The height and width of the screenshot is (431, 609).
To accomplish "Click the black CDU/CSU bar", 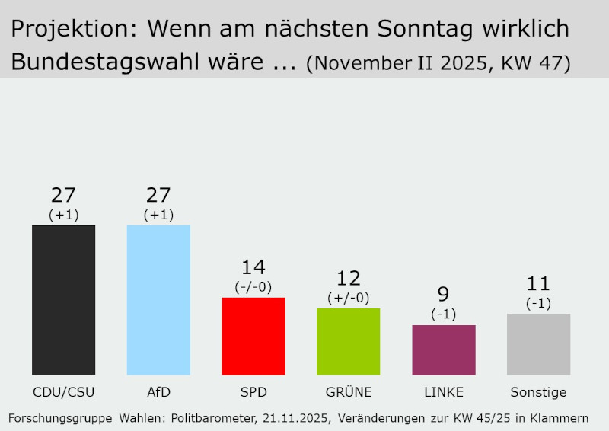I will pyautogui.click(x=63, y=300).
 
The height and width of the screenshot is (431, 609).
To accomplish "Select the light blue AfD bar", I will pyautogui.click(x=158, y=300).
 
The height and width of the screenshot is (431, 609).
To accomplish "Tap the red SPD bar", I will pyautogui.click(x=253, y=336).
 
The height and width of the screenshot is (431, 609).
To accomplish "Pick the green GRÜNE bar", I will pyautogui.click(x=348, y=341).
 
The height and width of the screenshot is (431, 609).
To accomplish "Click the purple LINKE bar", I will pyautogui.click(x=443, y=350).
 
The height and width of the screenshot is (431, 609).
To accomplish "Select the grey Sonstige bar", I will pyautogui.click(x=538, y=344).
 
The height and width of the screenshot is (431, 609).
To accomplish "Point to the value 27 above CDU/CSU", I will pyautogui.click(x=63, y=196).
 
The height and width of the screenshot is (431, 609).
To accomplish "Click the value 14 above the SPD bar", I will pyautogui.click(x=253, y=268).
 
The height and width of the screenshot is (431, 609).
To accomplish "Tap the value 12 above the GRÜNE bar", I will pyautogui.click(x=348, y=279).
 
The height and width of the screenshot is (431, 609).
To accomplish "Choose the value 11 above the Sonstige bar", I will pyautogui.click(x=538, y=284).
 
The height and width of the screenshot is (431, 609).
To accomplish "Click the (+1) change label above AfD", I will pyautogui.click(x=158, y=215).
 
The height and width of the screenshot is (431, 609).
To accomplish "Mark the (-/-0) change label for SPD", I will pyautogui.click(x=253, y=287).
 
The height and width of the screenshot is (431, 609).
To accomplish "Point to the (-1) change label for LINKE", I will pyautogui.click(x=443, y=314).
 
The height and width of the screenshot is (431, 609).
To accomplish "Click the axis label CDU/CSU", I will pyautogui.click(x=63, y=393).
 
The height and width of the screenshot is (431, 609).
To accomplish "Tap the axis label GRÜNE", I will pyautogui.click(x=348, y=393).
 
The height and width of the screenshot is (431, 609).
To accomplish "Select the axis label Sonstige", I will pyautogui.click(x=538, y=393).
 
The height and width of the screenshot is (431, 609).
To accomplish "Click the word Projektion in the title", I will pyautogui.click(x=73, y=29).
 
